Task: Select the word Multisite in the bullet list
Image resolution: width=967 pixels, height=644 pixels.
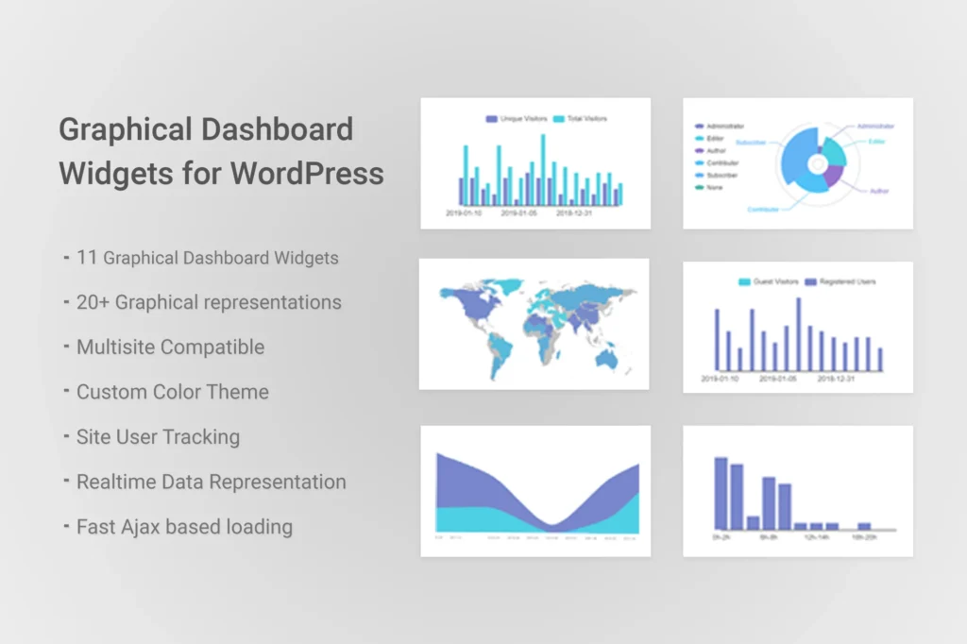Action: [x=114, y=347]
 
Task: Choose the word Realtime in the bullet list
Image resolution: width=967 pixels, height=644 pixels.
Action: [x=117, y=482]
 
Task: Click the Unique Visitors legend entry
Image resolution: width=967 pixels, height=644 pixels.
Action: [x=517, y=119]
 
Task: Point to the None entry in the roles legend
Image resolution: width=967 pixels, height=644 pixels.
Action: [x=714, y=187]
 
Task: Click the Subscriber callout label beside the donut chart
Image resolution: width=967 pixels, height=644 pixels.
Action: [x=751, y=143]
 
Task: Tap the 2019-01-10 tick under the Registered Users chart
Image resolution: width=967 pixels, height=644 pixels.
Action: [x=721, y=378]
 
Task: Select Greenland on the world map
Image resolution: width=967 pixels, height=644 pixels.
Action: [x=509, y=284]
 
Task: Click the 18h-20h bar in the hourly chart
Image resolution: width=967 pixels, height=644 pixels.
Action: [x=864, y=526]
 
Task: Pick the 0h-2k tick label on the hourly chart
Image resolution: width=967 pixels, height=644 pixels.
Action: [x=721, y=536]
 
